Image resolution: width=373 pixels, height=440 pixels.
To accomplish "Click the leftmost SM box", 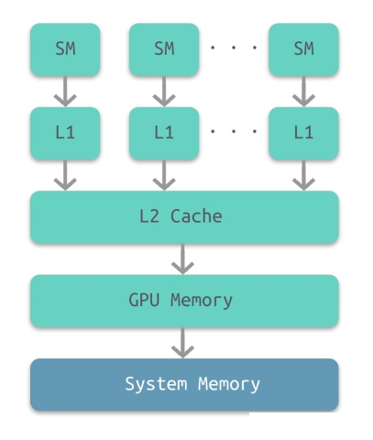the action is point(65,49).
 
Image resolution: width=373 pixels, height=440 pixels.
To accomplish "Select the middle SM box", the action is point(164,49).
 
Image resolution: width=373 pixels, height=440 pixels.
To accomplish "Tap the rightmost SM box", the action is point(303,49).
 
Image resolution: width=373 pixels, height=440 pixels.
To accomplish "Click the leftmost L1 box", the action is point(65,133).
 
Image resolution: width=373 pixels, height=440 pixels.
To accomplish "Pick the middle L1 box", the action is point(164,133).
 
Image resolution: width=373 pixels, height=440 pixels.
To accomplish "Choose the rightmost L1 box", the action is point(303,133).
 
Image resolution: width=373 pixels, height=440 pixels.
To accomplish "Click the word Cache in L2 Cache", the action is point(196,216).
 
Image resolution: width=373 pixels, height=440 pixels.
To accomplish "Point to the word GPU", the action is point(144,300).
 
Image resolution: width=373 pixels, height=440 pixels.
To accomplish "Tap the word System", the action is point(156,384).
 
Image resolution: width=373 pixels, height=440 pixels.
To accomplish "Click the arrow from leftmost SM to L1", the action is point(65,92).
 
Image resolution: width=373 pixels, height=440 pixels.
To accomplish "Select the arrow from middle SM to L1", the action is point(164,92).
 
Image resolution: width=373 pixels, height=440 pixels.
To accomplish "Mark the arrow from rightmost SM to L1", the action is point(303,92).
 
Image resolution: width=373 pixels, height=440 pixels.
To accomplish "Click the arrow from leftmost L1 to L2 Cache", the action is point(65,175).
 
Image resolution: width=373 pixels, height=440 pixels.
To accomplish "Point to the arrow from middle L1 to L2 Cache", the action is point(164,175).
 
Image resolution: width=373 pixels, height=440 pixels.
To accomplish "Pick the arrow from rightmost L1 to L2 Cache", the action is point(303,175).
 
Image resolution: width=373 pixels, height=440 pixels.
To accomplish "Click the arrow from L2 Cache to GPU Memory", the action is point(182,259).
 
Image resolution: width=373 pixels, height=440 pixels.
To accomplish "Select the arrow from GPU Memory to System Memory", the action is point(182,343).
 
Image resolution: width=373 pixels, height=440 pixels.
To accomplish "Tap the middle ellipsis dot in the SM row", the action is point(234,48).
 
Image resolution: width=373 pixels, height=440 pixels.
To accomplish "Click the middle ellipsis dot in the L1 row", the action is point(234,131).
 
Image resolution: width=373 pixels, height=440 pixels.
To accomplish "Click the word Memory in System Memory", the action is point(229,384).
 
